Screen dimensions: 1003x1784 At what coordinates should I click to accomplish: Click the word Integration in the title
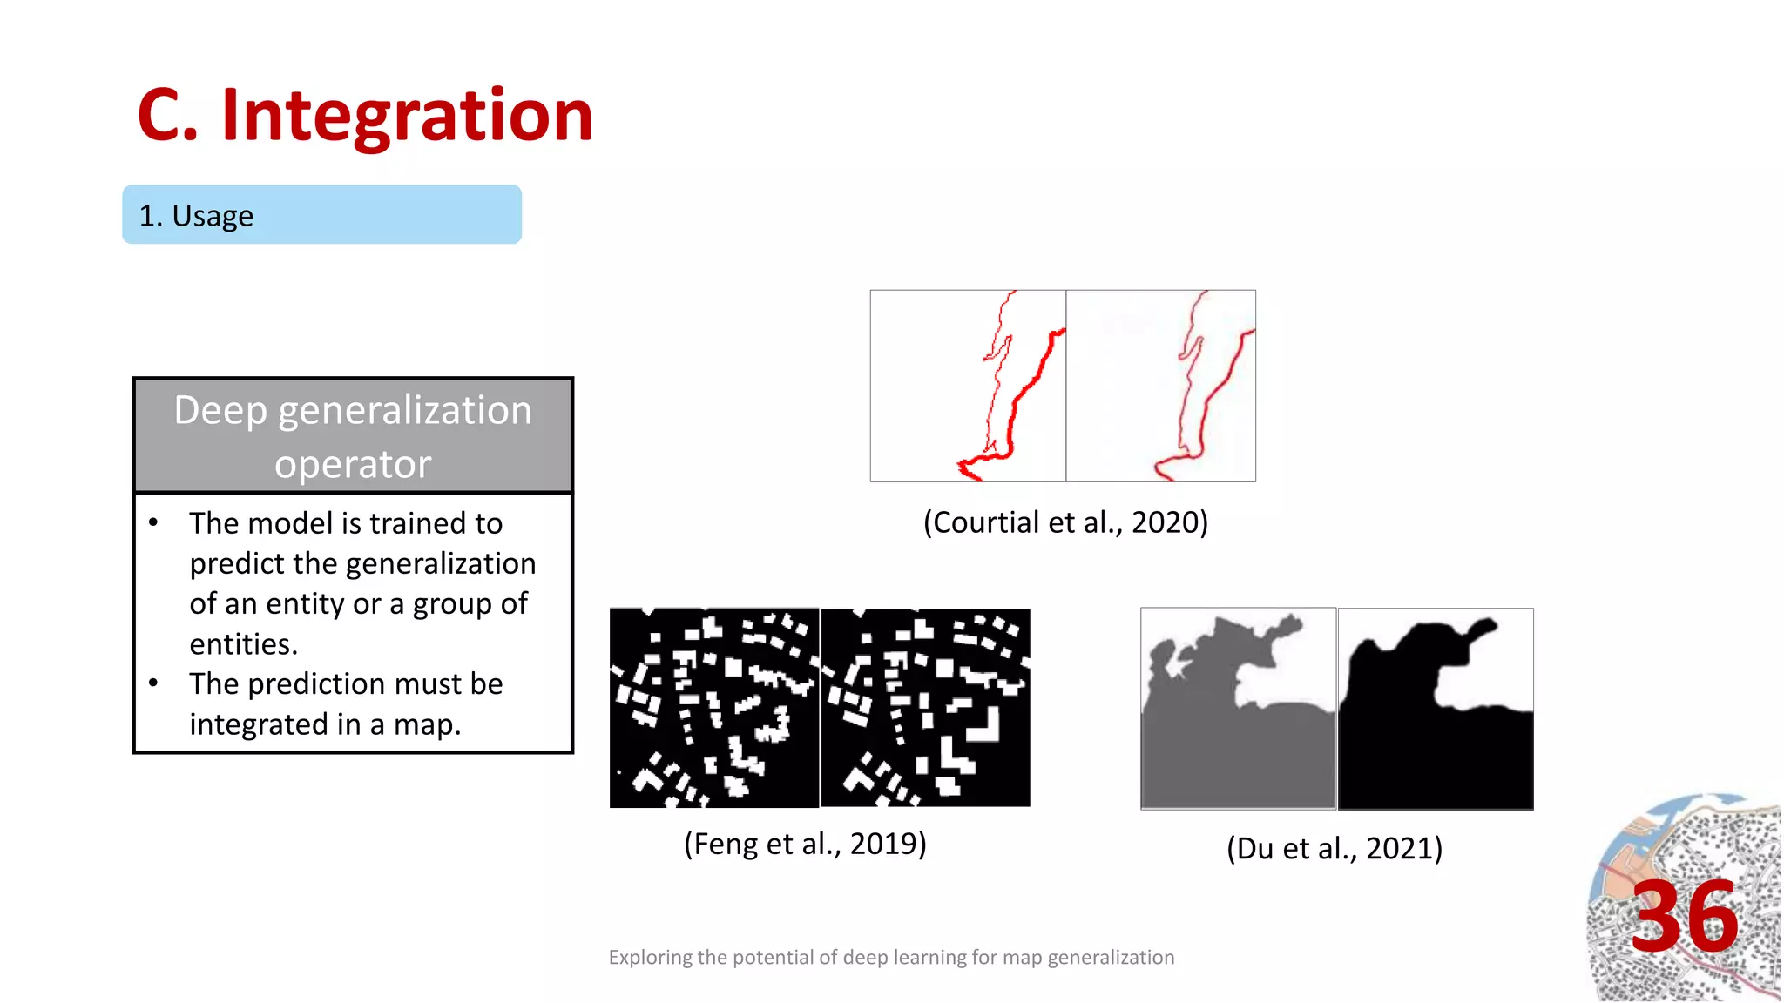tap(407, 116)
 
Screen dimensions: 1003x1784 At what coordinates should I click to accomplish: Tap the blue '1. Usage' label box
tap(321, 215)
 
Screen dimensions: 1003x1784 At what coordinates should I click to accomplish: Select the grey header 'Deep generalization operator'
tap(353, 435)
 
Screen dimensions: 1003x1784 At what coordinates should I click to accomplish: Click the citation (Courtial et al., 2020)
tap(1065, 522)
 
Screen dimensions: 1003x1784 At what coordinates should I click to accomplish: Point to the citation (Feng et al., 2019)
tap(805, 844)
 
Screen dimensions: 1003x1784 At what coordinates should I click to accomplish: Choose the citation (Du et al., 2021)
tap(1335, 848)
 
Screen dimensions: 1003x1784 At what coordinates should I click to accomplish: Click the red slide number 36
tap(1685, 917)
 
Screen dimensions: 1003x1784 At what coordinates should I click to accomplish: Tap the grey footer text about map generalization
tap(891, 958)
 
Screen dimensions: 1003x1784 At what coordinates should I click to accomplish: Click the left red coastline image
tap(968, 386)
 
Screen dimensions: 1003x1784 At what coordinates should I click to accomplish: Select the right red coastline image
tap(1161, 386)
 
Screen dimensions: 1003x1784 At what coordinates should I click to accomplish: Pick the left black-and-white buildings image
tap(714, 708)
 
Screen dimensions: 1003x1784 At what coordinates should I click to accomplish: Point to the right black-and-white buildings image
tap(925, 708)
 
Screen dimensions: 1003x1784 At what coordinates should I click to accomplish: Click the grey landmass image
tap(1238, 709)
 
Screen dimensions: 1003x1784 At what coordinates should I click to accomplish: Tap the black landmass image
tap(1436, 709)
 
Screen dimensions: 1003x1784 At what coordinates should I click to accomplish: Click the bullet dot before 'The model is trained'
tap(153, 522)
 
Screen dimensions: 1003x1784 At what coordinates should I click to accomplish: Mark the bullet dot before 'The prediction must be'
tap(153, 683)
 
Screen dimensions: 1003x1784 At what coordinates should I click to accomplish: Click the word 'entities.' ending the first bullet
tap(244, 644)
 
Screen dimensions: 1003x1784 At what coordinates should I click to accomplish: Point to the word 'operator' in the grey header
tap(353, 464)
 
